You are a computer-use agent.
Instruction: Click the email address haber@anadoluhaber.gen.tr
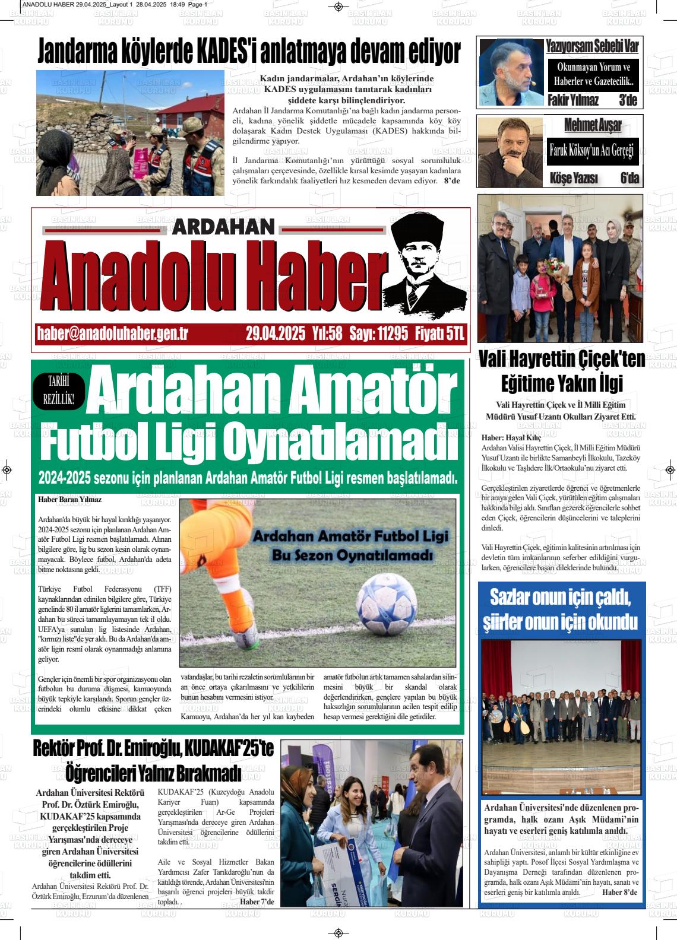(112, 334)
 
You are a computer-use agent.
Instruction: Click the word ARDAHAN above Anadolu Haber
(224, 227)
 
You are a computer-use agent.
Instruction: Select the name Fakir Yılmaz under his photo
(573, 100)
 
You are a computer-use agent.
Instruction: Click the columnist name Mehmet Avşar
(592, 125)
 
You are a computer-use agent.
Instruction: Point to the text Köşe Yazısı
(574, 178)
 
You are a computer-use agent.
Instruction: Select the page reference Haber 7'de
(257, 902)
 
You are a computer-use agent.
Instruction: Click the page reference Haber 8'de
(619, 892)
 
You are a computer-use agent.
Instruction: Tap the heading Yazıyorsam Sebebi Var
(592, 46)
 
